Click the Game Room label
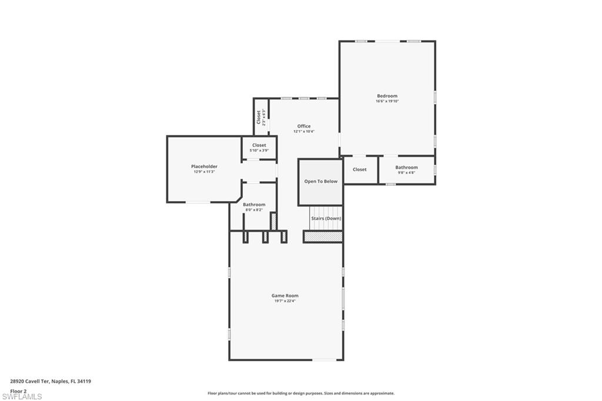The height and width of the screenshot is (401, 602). click(285, 296)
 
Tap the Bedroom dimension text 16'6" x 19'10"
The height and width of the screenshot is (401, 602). click(387, 101)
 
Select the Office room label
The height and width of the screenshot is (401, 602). click(303, 126)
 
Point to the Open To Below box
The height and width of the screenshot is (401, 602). click(320, 181)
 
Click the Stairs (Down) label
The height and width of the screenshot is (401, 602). click(326, 218)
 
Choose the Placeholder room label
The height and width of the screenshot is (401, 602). click(204, 166)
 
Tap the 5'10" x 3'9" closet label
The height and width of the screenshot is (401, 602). click(259, 151)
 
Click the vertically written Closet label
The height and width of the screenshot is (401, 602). click(258, 117)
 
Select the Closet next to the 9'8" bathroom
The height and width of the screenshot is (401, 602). click(359, 169)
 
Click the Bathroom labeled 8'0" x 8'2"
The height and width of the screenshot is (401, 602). click(254, 205)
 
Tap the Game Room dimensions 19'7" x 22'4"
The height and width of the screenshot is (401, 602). click(285, 301)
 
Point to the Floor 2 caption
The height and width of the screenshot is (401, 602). click(18, 390)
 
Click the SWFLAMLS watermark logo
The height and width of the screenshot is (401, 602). click(22, 397)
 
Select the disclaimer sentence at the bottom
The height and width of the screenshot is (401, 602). click(300, 393)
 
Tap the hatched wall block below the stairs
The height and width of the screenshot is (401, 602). click(323, 236)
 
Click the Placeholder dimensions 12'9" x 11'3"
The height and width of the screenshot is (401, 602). click(204, 172)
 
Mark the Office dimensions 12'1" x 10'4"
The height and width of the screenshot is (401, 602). click(303, 131)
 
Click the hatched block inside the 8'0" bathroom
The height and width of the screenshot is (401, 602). click(273, 221)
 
